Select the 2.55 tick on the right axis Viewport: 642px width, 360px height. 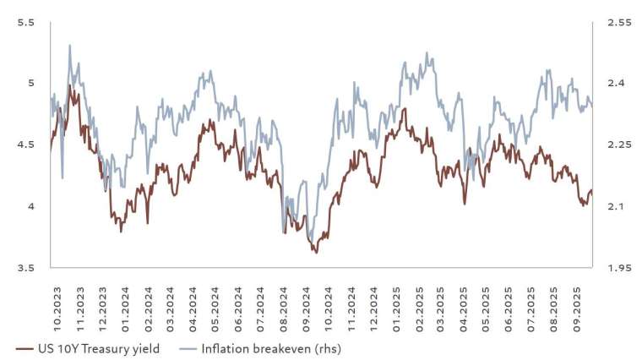[620, 22]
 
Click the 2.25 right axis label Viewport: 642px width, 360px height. [620, 145]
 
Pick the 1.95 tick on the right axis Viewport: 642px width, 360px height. [620, 268]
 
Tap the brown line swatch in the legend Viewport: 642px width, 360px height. [25, 347]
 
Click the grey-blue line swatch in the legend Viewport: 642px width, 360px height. [190, 347]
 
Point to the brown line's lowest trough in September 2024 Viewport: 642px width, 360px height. [315, 252]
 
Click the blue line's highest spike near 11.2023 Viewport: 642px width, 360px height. [69, 46]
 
